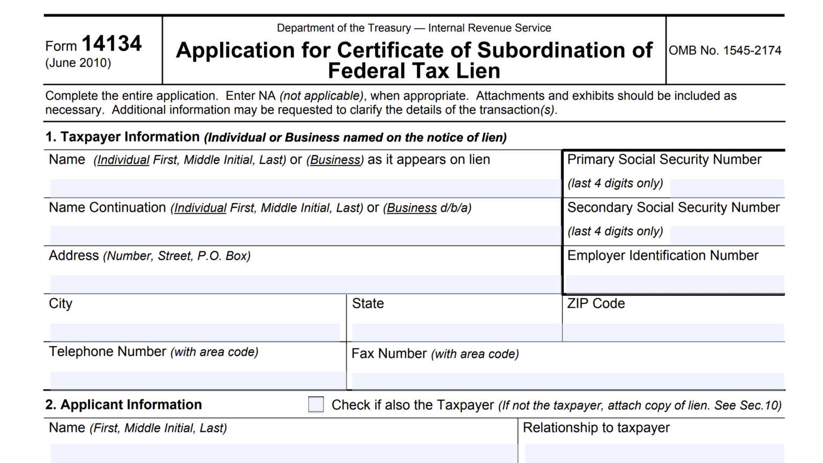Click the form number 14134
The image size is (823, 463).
tap(111, 44)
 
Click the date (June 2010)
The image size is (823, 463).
tap(78, 63)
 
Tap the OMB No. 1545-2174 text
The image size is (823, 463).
tap(725, 50)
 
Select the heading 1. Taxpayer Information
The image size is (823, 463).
tap(122, 137)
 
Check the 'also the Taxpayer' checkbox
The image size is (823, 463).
tap(316, 405)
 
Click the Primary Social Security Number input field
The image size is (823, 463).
tap(727, 188)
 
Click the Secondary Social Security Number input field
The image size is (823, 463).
tap(727, 235)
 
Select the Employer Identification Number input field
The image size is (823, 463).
tap(675, 283)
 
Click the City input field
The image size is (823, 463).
tap(195, 332)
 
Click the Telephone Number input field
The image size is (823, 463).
tap(197, 380)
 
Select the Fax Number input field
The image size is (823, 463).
tap(568, 380)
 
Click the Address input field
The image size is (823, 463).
tap(305, 283)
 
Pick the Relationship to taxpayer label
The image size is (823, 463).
tap(596, 428)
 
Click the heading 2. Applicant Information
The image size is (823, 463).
tap(123, 405)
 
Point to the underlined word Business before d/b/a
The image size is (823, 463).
tap(411, 208)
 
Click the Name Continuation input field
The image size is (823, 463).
tap(305, 235)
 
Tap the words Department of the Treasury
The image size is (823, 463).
tap(343, 28)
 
